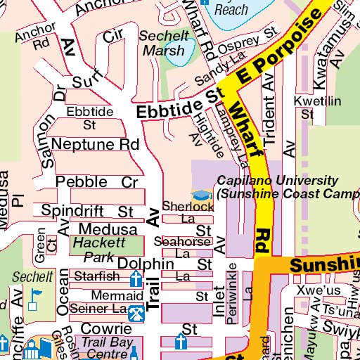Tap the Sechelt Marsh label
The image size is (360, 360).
[163, 44]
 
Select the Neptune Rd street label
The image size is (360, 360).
[96, 144]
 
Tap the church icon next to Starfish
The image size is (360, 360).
[135, 279]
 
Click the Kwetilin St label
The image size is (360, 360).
[307, 107]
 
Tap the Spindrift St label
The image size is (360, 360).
[87, 211]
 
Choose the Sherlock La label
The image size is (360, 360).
[187, 212]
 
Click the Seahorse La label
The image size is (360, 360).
[182, 247]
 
